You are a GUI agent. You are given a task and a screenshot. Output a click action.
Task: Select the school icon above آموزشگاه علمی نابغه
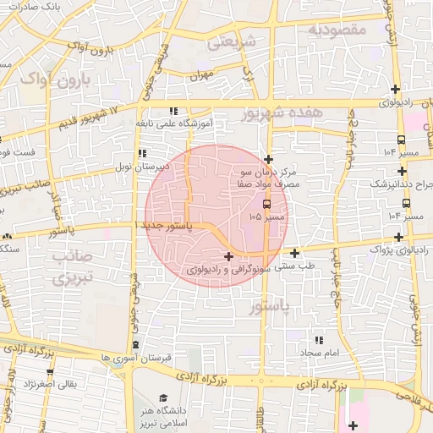click(174, 110)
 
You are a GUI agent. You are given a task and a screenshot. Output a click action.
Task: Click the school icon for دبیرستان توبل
click(141, 153)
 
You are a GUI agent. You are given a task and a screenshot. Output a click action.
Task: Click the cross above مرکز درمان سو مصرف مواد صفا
click(268, 158)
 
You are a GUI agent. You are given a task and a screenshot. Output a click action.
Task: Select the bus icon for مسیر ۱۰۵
click(267, 204)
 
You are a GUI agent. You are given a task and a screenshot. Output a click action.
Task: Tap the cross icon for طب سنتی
click(294, 253)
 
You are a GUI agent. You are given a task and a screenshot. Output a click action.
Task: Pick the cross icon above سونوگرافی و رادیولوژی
click(228, 256)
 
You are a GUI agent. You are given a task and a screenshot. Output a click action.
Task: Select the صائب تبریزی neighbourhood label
click(63, 266)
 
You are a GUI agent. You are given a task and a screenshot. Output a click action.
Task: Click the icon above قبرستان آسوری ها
click(136, 345)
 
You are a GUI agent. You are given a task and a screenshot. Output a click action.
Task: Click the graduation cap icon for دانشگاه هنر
click(162, 398)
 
